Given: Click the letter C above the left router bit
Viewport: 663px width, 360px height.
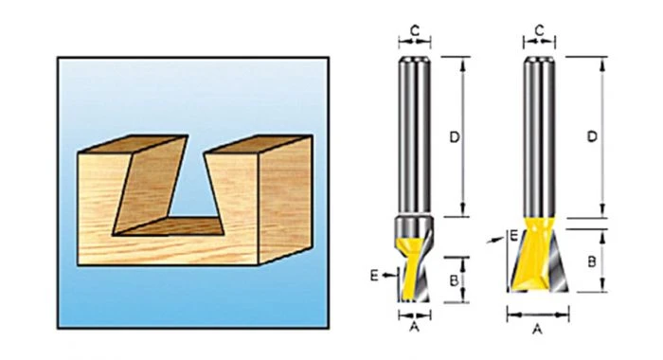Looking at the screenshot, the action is (415, 31).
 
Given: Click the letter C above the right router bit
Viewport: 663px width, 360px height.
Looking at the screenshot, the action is (539, 31).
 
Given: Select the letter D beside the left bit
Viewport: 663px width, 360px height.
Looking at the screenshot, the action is (454, 137).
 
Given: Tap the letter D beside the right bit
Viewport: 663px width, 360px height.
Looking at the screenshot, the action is (592, 136).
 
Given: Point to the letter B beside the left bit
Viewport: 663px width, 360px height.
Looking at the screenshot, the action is (454, 280).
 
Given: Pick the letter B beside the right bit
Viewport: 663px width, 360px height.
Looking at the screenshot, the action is (592, 261).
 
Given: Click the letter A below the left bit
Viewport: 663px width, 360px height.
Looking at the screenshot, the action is (415, 327).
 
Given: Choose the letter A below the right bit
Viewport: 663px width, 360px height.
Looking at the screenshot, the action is (537, 329).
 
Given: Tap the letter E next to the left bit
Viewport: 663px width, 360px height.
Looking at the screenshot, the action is (374, 276).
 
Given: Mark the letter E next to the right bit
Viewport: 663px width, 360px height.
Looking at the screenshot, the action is (513, 235).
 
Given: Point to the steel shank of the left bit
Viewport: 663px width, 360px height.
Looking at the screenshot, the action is (415, 135).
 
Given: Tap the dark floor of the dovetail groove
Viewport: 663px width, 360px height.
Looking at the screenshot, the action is (170, 226).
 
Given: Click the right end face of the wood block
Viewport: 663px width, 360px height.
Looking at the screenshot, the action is (285, 199).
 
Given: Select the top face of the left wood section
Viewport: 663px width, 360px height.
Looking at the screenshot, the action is (133, 144).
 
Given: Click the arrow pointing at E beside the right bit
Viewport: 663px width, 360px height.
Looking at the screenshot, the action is (495, 240).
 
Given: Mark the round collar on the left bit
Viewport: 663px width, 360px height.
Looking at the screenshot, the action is (414, 226).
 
